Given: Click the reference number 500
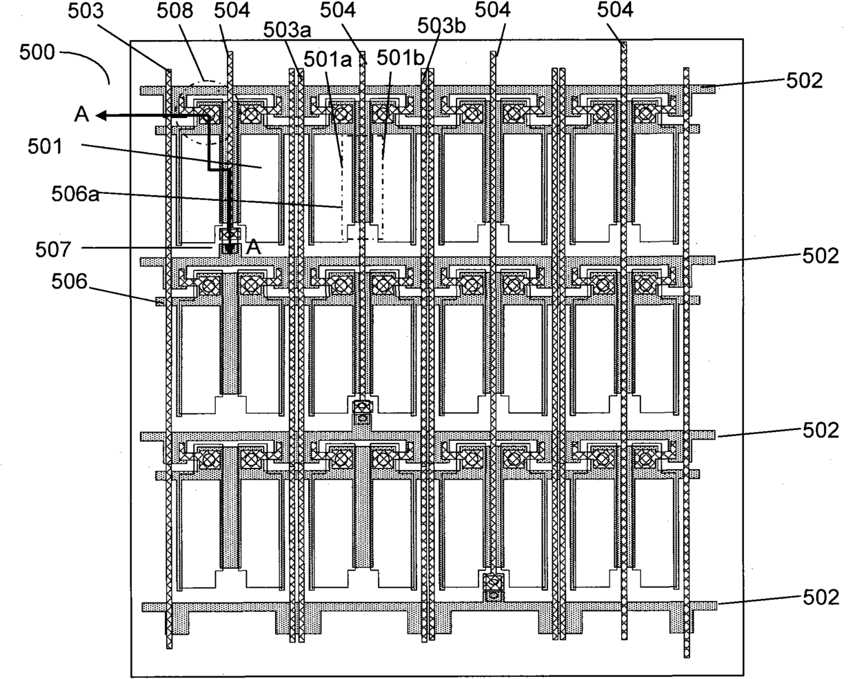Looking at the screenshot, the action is tap(37, 52).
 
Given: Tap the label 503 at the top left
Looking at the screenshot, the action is tap(85, 11).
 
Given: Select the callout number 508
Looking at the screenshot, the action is tap(175, 11).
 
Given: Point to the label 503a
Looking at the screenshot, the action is tap(288, 30).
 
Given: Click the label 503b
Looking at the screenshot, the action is tap(441, 26).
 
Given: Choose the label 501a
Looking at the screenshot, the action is tap(328, 59).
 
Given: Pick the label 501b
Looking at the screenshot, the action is tap(401, 58).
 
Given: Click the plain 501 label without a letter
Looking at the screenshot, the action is tap(45, 147).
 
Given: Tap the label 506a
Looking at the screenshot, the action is tap(75, 195).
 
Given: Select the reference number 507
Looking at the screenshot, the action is tap(53, 250).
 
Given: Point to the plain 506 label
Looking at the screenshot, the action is tap(69, 282).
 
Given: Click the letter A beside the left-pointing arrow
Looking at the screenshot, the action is tap(81, 115).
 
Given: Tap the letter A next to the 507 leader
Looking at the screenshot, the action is tap(253, 248).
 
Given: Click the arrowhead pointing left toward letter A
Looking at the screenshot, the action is tap(101, 116).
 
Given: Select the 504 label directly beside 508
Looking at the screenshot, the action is tap(232, 11).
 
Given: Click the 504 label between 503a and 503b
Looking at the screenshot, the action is tap(338, 11).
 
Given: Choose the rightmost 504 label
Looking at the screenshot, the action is tap(614, 10).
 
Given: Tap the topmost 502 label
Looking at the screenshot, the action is tap(805, 81).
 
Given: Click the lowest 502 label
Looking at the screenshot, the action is tap(821, 597).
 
